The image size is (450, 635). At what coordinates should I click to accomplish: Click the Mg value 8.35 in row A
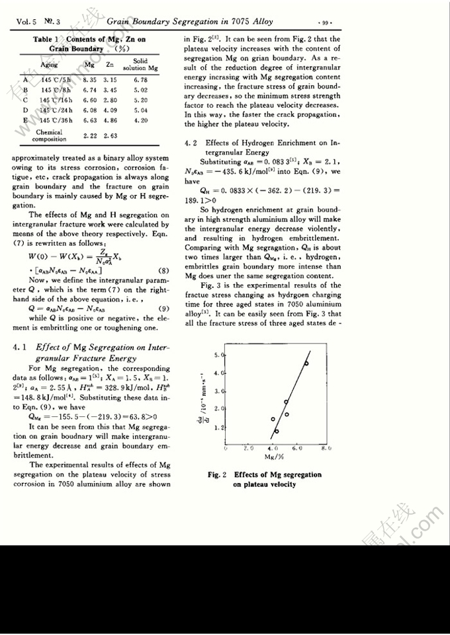(x=90, y=79)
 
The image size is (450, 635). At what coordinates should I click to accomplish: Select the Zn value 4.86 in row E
(x=111, y=121)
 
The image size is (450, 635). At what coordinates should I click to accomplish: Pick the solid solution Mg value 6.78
(x=140, y=79)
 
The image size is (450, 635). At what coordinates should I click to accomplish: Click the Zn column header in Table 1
(x=110, y=65)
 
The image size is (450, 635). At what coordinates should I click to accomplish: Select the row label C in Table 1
(x=26, y=100)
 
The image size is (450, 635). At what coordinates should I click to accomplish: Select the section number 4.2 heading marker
(x=192, y=142)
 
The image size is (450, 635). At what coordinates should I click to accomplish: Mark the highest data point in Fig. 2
(x=306, y=363)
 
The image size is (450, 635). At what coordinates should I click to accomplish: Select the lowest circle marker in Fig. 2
(x=276, y=431)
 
